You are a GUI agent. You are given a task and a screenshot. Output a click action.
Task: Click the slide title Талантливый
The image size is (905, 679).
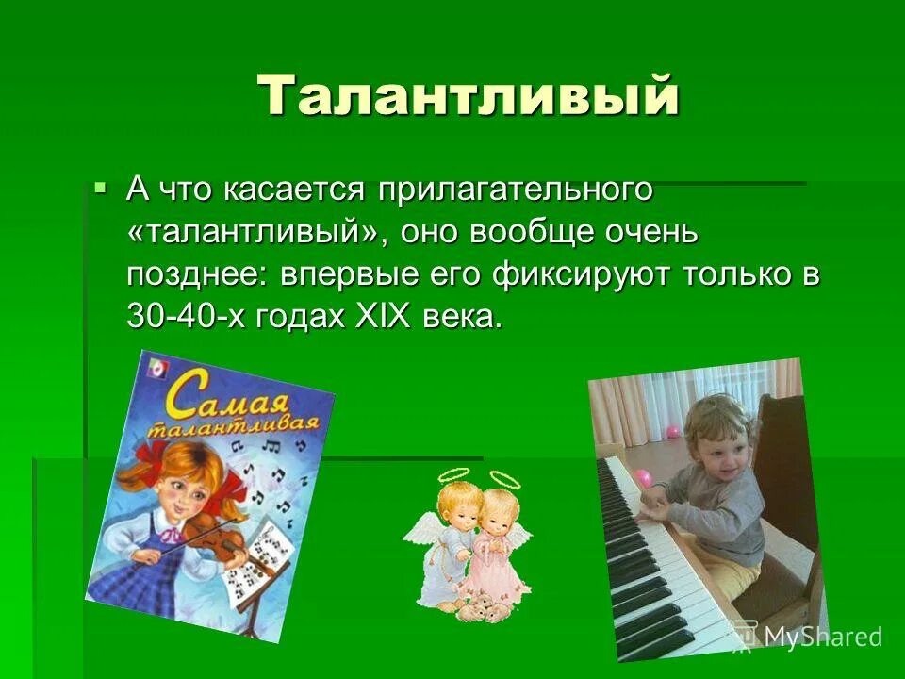(469, 96)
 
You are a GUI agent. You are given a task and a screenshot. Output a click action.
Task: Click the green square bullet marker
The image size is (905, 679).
(100, 188)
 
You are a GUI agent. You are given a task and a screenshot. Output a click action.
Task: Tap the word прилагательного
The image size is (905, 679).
(516, 189)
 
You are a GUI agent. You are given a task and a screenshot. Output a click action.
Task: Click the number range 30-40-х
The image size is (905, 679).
(190, 318)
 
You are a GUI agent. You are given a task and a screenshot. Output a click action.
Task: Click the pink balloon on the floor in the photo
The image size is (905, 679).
(644, 477)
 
